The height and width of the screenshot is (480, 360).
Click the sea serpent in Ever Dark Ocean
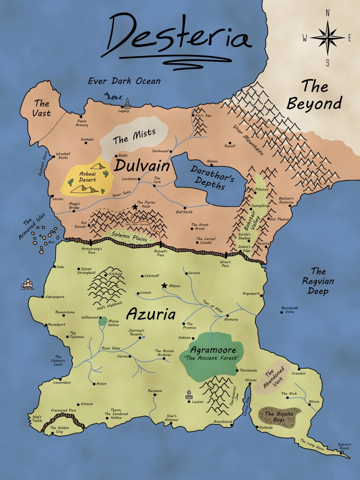pos(113,96)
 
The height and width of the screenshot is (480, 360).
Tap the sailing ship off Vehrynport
pos(27,284)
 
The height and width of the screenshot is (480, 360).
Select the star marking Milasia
pos(164,286)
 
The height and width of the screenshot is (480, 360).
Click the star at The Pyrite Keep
pos(135,207)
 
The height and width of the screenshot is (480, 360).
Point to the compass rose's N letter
pos(328,13)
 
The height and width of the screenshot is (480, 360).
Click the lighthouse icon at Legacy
pos(127,103)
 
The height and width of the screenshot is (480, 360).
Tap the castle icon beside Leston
pos(189,395)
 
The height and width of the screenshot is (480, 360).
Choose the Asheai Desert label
pos(87,177)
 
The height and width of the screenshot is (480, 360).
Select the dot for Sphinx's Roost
pos(341,453)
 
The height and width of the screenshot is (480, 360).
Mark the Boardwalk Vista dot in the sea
pos(282,312)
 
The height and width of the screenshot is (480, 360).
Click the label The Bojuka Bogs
pos(279,416)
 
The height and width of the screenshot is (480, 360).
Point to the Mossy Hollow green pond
pos(103,321)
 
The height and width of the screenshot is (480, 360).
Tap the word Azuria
pos(151,314)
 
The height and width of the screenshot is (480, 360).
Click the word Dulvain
pos(142,165)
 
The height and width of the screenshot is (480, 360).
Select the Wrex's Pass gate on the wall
pos(226,255)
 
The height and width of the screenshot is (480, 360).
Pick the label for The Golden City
pos(59,430)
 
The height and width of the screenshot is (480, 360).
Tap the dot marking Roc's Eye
pos(193,115)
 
